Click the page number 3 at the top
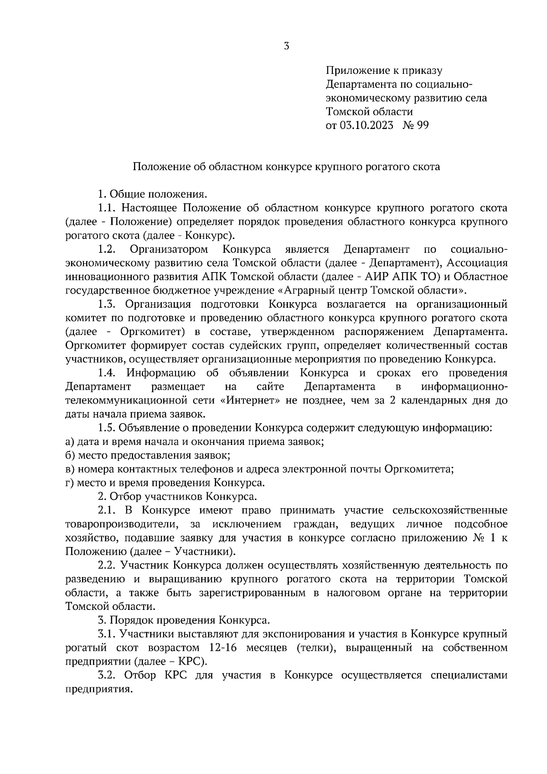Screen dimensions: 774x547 [x=286, y=46]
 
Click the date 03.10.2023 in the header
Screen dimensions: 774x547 [x=366, y=125]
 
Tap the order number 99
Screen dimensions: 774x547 [x=422, y=125]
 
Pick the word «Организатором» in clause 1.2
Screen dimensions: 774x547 [x=169, y=249]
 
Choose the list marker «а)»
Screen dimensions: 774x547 [x=70, y=442]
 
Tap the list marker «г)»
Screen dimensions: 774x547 [x=69, y=483]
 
